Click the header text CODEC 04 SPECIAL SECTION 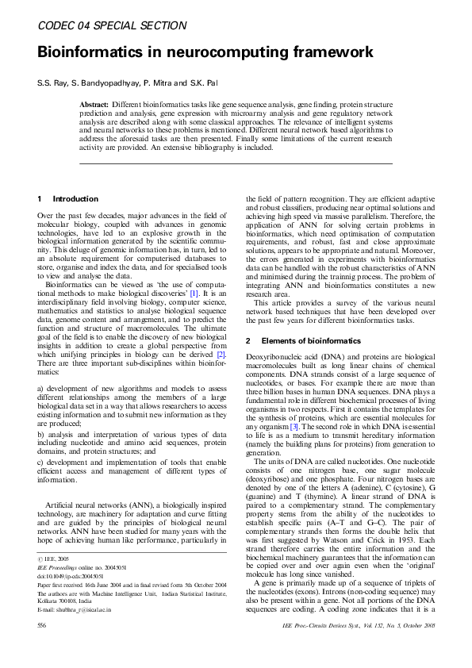[x=112, y=26]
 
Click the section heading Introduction [x=75, y=198]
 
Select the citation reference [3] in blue [x=293, y=427]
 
